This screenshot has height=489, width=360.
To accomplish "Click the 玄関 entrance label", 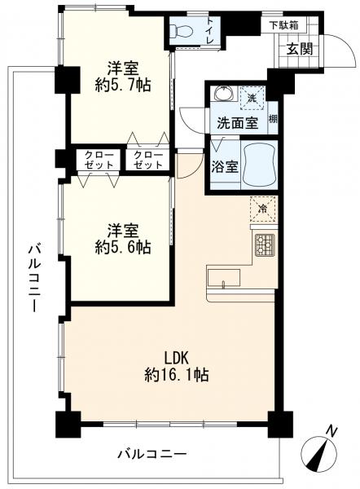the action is tap(299, 49).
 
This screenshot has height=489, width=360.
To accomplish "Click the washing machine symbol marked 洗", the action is tap(252, 99).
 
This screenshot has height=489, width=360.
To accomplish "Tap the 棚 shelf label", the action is tap(273, 119).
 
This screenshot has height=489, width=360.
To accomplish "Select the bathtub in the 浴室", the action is tap(259, 165).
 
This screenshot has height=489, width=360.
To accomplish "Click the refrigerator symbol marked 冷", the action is tap(263, 209).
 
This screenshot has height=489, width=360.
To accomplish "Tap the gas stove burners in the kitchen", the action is tap(265, 245).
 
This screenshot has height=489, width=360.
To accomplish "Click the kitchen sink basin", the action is tap(224, 278).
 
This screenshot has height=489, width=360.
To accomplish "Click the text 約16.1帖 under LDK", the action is tap(177, 375).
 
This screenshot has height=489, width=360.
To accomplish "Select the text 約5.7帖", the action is tap(123, 84).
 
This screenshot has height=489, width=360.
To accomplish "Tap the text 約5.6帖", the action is tap(123, 247).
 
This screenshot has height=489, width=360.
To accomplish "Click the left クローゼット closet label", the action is tap(99, 160).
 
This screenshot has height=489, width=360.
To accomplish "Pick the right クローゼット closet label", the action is tap(148, 160).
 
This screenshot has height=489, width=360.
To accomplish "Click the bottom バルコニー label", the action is tap(152, 453).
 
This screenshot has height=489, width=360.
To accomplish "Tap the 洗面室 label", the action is tap(238, 123).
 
